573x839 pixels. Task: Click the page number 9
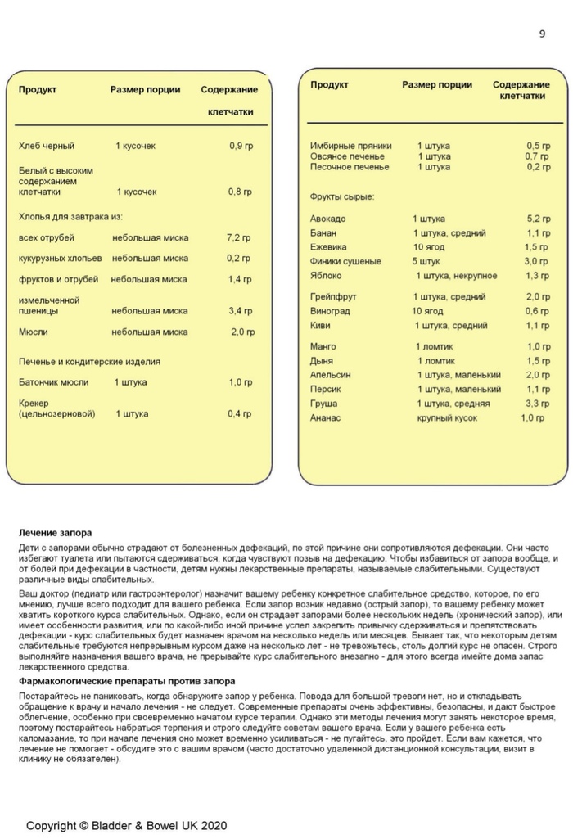(542, 34)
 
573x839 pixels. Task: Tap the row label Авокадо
(328, 219)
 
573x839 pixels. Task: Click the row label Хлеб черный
(46, 146)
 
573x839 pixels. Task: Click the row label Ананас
(326, 418)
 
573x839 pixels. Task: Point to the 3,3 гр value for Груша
(537, 404)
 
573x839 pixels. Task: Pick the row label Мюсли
(33, 332)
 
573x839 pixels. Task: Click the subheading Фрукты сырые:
(342, 197)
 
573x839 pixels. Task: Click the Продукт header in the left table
(38, 90)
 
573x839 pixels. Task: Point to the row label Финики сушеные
(345, 262)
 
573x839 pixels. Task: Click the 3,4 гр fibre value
(241, 311)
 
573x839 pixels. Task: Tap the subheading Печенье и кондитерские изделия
(89, 361)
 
